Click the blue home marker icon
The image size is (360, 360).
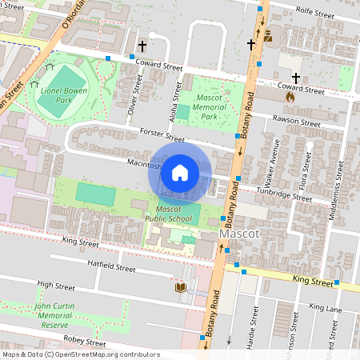point(180,172)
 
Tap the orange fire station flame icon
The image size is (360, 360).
point(290,94)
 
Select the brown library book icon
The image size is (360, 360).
point(180,287)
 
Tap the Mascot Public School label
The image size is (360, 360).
point(167,212)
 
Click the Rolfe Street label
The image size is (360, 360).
point(313,10)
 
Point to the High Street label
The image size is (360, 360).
point(55,286)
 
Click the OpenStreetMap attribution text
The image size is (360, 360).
point(81,354)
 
